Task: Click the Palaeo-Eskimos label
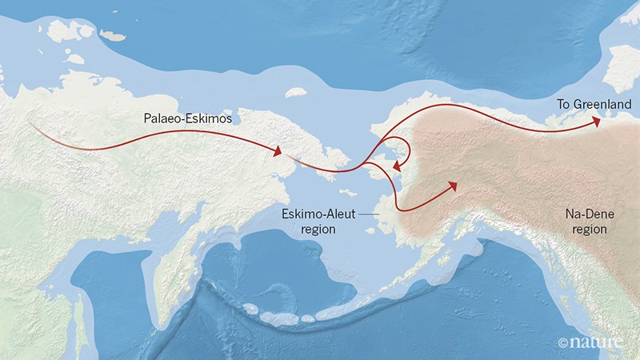[187, 118]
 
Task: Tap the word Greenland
[590, 104]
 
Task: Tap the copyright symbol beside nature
[563, 343]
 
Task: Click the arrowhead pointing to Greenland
[597, 121]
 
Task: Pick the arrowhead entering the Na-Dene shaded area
[452, 185]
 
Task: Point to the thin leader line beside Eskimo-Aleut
[368, 214]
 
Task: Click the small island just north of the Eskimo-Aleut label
[350, 193]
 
